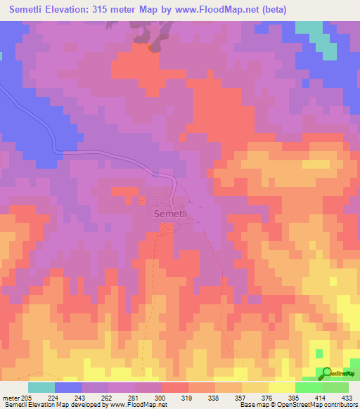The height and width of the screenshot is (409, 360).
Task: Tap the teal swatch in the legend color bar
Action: pos(41,387)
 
